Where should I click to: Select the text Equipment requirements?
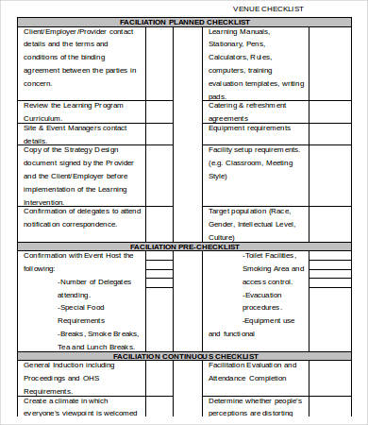point(248,127)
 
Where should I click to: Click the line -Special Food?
point(85,308)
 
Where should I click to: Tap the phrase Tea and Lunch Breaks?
point(98,347)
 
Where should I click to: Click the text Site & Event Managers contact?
point(75,127)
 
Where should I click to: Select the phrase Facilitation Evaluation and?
point(252,365)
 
